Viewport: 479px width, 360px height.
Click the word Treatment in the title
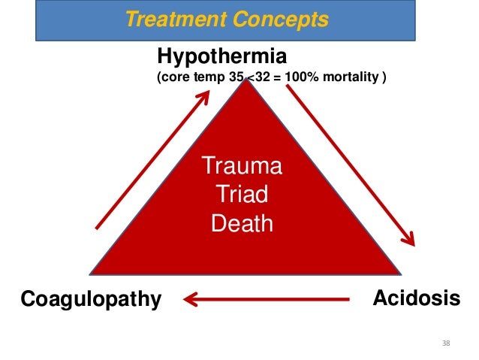(x=167, y=20)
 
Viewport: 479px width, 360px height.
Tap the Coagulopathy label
(x=91, y=300)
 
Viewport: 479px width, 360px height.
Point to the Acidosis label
(x=417, y=298)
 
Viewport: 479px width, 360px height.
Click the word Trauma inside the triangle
(x=242, y=167)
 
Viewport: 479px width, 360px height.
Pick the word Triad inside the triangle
(x=242, y=195)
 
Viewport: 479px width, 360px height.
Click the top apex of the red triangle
(x=245, y=82)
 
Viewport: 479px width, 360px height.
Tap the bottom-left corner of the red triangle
(x=91, y=273)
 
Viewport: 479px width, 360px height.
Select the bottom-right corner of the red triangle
(x=398, y=273)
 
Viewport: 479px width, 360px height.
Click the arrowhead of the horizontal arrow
(x=191, y=301)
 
